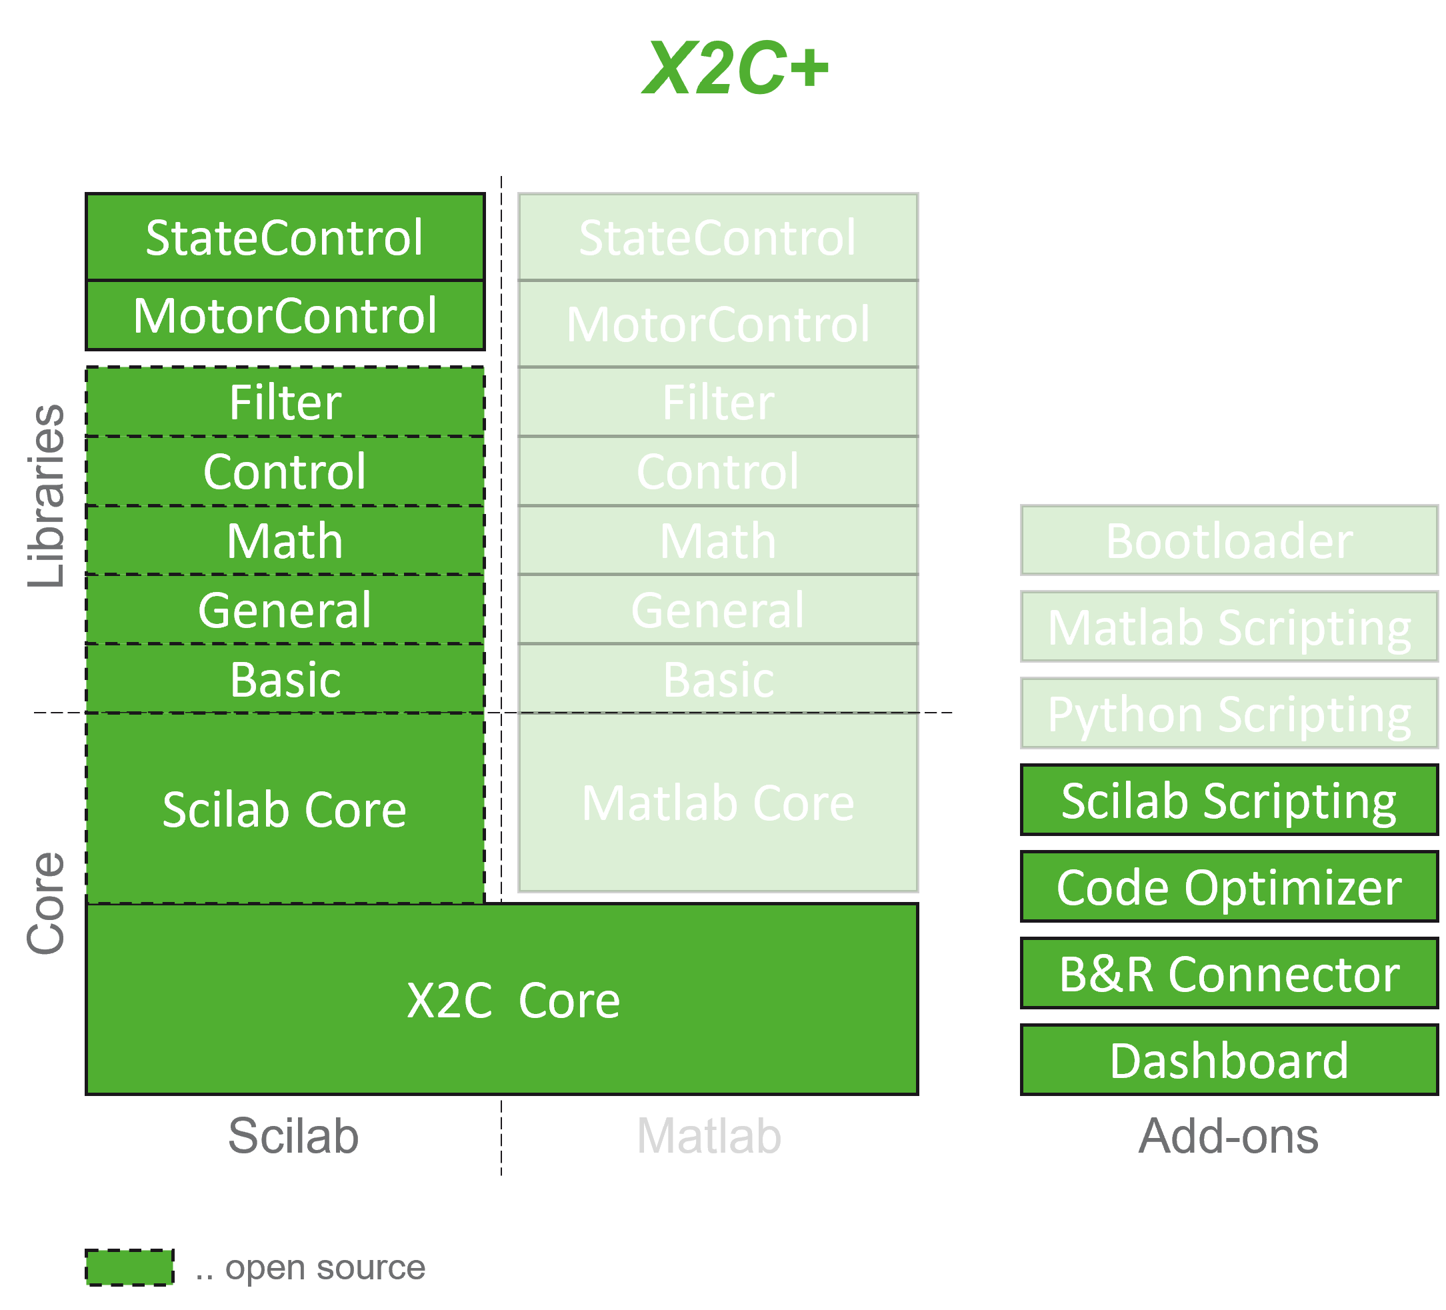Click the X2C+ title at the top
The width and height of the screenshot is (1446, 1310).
coord(736,69)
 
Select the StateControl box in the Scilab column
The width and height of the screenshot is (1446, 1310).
coord(285,237)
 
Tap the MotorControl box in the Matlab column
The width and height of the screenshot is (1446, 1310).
coord(718,323)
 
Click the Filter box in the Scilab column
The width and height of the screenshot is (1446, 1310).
coord(285,402)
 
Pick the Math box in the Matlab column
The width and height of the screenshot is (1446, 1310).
coord(718,540)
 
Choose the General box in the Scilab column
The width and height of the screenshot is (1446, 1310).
coord(285,610)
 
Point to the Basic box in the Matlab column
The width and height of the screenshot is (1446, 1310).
coord(718,679)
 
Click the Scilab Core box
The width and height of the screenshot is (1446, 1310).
coord(285,809)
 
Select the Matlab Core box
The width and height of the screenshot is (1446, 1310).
coord(718,802)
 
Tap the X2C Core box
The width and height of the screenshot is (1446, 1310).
coord(502,999)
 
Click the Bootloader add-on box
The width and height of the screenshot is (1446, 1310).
coord(1229,540)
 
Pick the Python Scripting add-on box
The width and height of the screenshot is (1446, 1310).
coord(1229,714)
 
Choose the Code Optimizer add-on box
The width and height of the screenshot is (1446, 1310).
coord(1229,887)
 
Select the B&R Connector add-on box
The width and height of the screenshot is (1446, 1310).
coord(1229,973)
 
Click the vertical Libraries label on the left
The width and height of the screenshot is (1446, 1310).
coord(46,495)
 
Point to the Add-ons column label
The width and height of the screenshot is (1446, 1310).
coord(1228,1136)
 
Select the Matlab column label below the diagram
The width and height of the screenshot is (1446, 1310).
coord(709,1136)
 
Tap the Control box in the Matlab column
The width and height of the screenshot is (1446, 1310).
coord(718,471)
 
